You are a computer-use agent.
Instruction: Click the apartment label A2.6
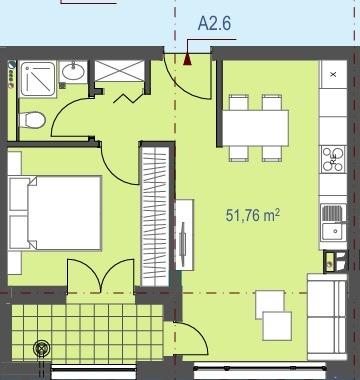click(x=214, y=23)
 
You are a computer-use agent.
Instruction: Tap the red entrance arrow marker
click(x=187, y=59)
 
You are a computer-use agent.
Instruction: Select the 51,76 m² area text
click(x=253, y=215)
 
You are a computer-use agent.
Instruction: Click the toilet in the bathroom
click(x=32, y=120)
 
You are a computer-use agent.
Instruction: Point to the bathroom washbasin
click(x=73, y=71)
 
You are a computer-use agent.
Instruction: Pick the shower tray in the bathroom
click(x=37, y=79)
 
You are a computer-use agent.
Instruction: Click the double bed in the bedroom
click(x=55, y=213)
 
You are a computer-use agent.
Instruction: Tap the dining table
click(x=255, y=128)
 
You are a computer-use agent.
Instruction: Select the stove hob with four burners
click(x=333, y=159)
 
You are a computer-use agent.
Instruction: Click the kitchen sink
click(x=333, y=222)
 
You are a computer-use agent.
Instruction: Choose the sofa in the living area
click(x=327, y=317)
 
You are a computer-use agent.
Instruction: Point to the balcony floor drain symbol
click(x=42, y=348)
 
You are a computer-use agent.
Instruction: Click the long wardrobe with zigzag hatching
click(x=155, y=216)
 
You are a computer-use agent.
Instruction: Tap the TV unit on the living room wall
click(x=184, y=235)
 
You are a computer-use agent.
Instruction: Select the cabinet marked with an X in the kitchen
click(x=333, y=74)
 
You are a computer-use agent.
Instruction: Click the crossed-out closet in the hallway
click(x=119, y=71)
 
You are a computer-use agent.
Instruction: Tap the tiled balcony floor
click(x=87, y=332)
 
